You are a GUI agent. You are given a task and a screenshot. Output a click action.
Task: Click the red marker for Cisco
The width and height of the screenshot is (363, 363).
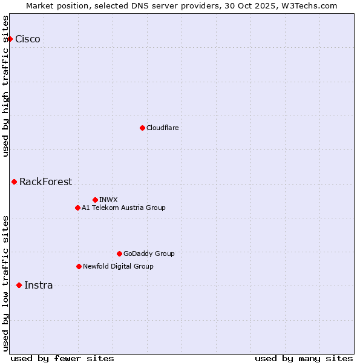click(x=10, y=39)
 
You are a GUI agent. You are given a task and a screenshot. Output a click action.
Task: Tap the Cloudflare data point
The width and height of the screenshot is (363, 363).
click(x=142, y=128)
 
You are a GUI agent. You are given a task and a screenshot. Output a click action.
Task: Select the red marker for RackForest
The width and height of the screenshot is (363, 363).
click(x=14, y=181)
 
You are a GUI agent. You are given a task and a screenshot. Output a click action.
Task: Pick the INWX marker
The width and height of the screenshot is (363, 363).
click(x=95, y=200)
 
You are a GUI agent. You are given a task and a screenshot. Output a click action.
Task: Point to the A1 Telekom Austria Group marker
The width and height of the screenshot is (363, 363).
click(x=77, y=208)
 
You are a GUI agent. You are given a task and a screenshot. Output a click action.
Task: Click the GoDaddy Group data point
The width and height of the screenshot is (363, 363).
click(x=119, y=253)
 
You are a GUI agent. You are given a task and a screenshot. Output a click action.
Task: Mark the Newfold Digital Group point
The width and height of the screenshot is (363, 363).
click(x=79, y=266)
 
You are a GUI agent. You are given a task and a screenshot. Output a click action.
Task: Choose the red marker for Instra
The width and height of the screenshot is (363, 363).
click(x=19, y=285)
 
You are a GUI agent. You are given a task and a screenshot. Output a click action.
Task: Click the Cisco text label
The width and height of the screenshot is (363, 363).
click(x=28, y=39)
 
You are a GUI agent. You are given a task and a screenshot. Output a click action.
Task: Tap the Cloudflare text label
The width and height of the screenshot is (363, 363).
click(x=163, y=128)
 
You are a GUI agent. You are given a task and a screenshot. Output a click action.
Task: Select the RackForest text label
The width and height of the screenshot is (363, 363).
click(x=45, y=181)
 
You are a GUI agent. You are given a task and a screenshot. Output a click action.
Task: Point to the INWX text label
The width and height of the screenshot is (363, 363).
click(x=109, y=200)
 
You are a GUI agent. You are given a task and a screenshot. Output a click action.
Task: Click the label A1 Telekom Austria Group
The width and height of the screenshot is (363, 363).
click(x=123, y=208)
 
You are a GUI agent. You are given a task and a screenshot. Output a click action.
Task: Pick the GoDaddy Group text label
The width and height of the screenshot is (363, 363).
click(x=149, y=253)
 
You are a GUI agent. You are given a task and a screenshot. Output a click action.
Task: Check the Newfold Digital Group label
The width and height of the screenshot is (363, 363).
click(x=118, y=266)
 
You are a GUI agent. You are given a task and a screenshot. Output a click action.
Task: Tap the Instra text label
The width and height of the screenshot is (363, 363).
click(x=38, y=285)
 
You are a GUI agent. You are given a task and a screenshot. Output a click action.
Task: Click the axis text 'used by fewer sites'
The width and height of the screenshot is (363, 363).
click(x=62, y=358)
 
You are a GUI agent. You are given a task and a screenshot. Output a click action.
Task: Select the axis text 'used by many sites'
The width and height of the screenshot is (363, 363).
click(x=304, y=358)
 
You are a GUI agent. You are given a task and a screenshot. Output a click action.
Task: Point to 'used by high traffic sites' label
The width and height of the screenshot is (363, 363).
click(x=6, y=86)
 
